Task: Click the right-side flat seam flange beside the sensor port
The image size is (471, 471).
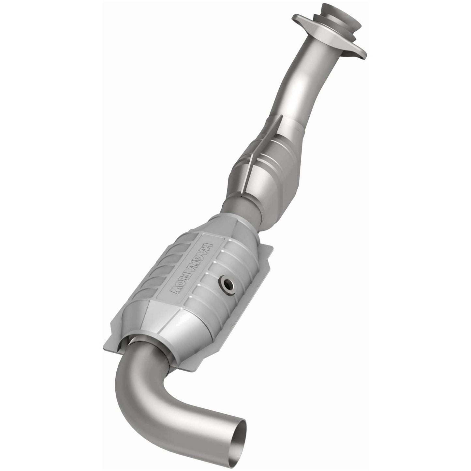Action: (x=258, y=271)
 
